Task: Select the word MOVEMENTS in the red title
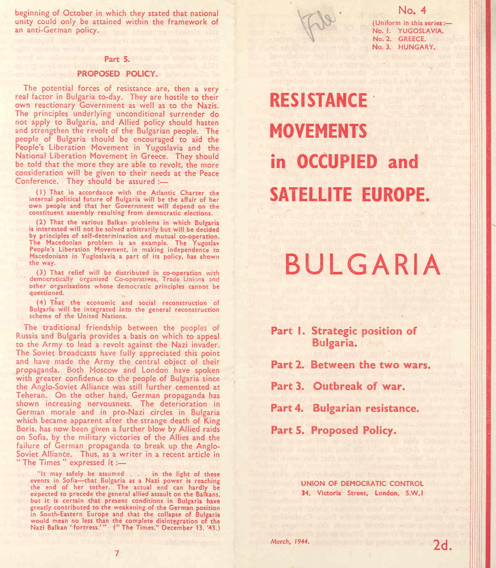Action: (x=318, y=131)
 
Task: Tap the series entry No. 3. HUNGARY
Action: (x=403, y=47)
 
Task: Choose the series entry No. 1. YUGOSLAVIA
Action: (x=407, y=31)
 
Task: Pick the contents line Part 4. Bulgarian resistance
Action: (x=344, y=408)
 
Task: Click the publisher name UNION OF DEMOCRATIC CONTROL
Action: (x=362, y=483)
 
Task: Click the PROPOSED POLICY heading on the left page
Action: (x=117, y=74)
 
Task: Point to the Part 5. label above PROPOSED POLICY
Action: (x=117, y=59)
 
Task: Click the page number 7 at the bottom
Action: (x=117, y=553)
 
